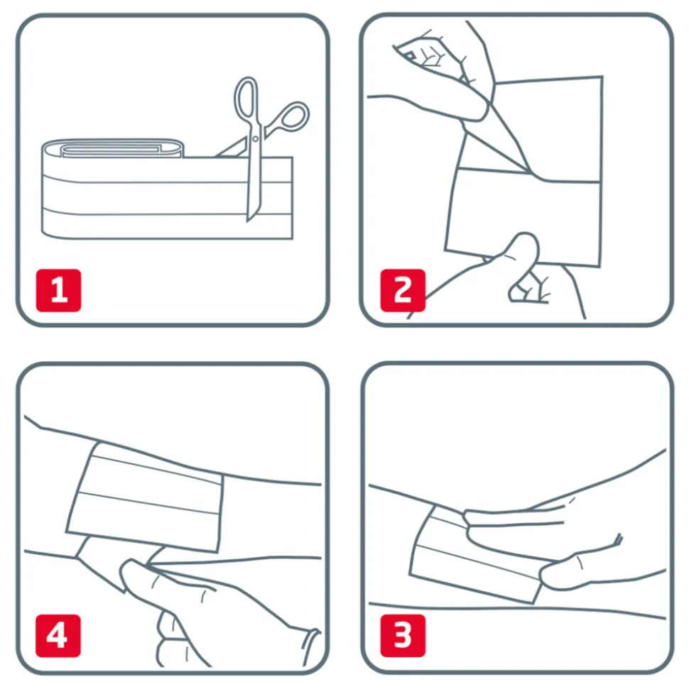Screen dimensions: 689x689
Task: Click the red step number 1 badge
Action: [58, 290]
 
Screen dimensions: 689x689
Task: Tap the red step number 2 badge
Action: [403, 290]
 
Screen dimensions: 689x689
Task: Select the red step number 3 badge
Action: [403, 635]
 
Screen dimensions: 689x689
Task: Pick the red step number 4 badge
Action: [58, 635]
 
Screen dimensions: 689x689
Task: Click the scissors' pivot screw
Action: [255, 139]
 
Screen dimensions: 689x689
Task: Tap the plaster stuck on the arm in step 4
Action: [145, 497]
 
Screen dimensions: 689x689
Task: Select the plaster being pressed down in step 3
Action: [475, 555]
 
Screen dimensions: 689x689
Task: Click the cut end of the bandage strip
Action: [292, 198]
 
